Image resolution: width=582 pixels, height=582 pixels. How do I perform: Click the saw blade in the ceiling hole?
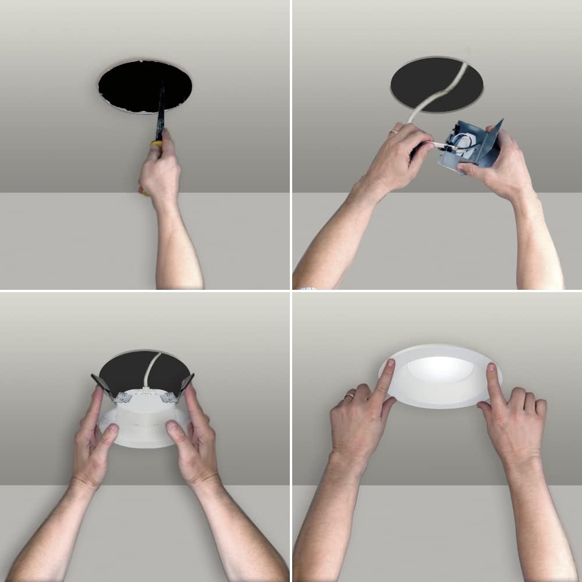click(x=161, y=111)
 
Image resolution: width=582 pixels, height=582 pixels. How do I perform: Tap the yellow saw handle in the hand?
click(x=157, y=143)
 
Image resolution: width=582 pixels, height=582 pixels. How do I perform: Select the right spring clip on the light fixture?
click(x=185, y=386)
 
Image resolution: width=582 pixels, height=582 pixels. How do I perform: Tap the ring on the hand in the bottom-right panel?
click(x=349, y=396)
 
